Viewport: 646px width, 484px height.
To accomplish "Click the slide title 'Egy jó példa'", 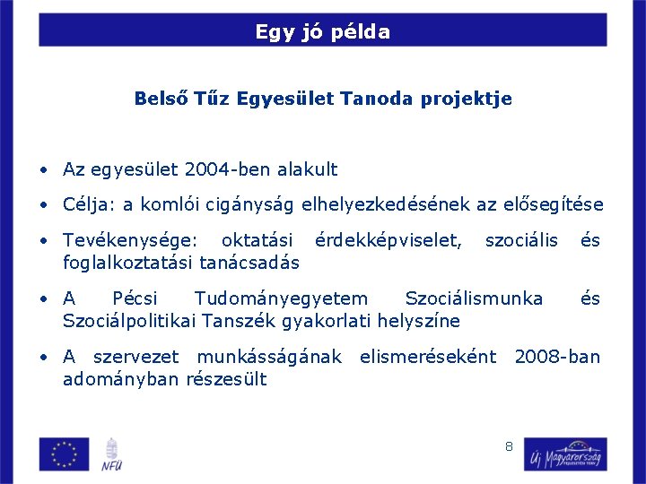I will (x=322, y=32).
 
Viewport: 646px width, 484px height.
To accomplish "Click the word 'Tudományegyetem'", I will (x=281, y=298).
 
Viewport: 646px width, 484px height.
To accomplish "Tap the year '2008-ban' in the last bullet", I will (x=556, y=357).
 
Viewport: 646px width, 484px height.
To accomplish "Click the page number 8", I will (x=509, y=445).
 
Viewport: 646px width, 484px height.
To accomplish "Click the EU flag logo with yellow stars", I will (x=64, y=454).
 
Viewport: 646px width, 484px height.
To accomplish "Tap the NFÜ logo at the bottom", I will (x=112, y=454).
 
